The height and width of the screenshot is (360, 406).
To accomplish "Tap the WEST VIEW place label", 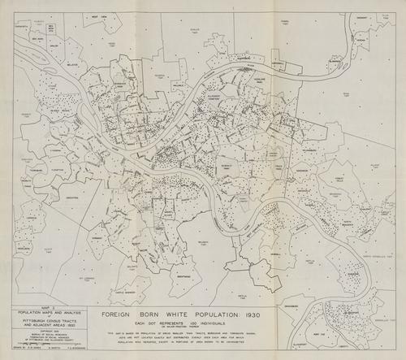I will coord(100,16).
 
